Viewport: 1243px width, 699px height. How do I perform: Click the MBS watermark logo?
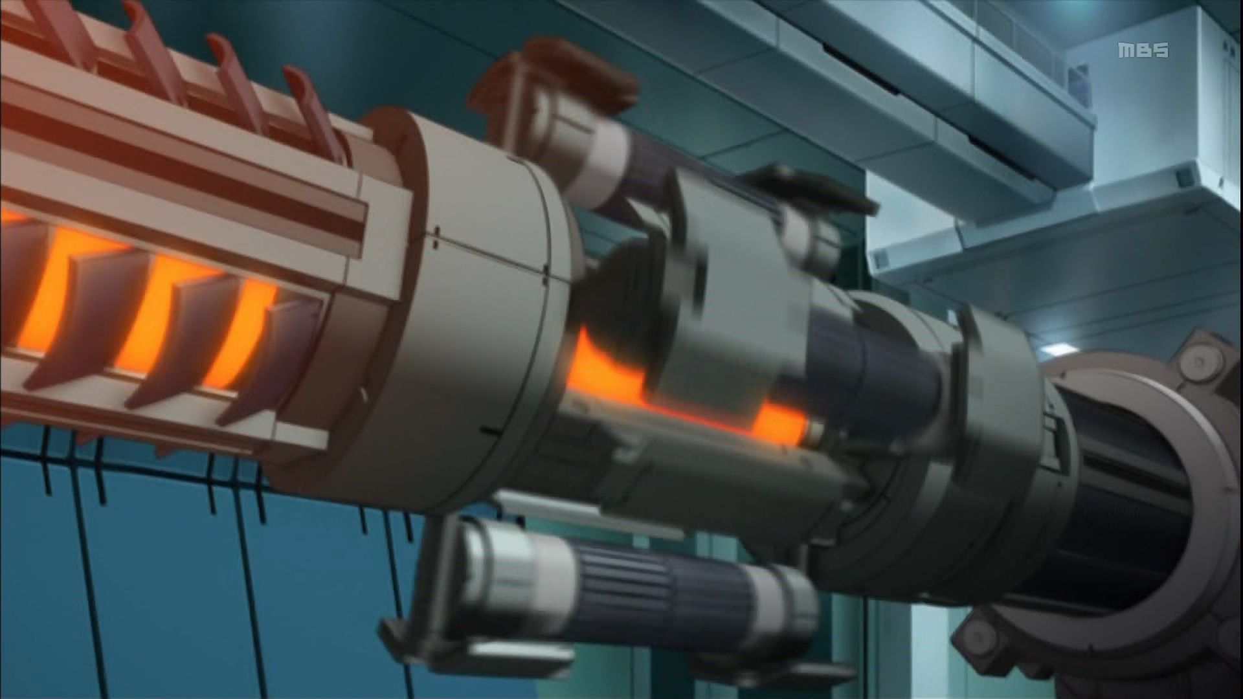(x=1145, y=50)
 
